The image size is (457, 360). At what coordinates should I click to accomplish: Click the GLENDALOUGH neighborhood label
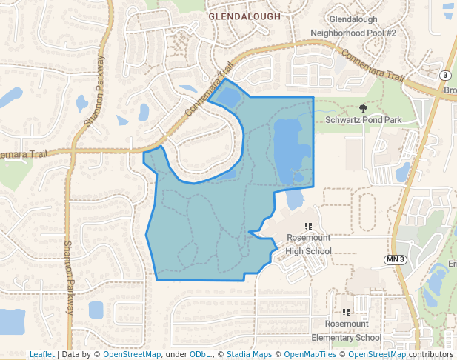tap(244, 16)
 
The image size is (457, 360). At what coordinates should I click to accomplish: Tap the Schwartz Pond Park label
tap(363, 119)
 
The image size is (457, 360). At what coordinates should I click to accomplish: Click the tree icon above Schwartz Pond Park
tap(363, 108)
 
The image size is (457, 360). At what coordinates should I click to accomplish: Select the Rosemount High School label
tap(308, 245)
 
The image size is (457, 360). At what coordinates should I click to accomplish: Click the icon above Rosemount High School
tap(308, 225)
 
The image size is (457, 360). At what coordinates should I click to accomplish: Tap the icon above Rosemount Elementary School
tap(346, 313)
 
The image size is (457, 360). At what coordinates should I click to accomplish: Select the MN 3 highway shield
tap(396, 259)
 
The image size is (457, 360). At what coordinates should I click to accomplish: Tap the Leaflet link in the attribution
tap(41, 354)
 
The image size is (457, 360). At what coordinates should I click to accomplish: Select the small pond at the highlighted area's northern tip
tap(227, 96)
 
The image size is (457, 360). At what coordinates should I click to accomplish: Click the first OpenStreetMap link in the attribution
tap(132, 354)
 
